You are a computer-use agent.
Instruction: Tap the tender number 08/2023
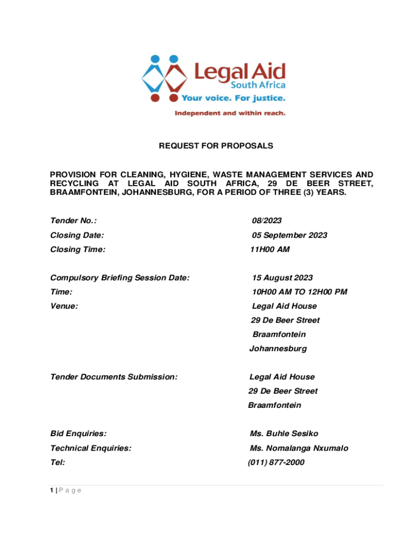pos(267,221)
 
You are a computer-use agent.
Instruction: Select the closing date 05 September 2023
pos(289,235)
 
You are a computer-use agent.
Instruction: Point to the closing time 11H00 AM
pos(270,249)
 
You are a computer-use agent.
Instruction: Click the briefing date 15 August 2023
pos(283,278)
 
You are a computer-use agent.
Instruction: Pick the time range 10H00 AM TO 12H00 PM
pos(300,292)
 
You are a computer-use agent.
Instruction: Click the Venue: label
pos(64,306)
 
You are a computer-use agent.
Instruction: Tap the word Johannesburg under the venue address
pos(278,349)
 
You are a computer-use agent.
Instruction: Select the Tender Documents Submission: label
pos(113,377)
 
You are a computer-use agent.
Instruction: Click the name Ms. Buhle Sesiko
pos(284,433)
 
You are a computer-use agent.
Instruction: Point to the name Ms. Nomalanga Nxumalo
pos(299,448)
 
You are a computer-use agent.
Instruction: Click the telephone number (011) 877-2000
pos(276,462)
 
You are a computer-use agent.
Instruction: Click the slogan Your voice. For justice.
pos(233,98)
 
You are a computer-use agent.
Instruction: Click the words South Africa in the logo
pos(258,86)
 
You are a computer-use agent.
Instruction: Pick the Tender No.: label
pos(73,221)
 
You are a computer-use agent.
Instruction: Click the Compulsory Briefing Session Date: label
pos(119,278)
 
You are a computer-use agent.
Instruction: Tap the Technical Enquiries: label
pos(90,448)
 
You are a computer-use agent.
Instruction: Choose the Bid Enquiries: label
pos(78,433)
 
